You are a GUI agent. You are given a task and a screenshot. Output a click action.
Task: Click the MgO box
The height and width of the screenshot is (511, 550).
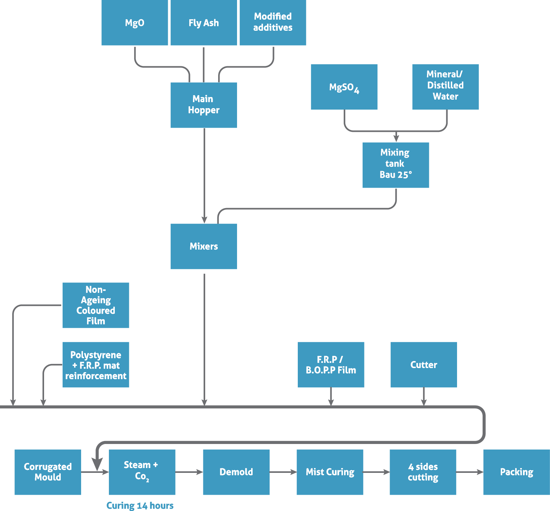point(134,23)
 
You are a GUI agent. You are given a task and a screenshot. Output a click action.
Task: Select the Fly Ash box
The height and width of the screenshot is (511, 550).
point(203,23)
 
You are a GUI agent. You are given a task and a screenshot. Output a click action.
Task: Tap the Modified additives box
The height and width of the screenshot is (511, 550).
point(273,23)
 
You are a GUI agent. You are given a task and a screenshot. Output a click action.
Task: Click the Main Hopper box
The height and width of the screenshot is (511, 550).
point(203,105)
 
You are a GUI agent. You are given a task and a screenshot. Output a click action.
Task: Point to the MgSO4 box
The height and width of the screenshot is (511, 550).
point(344,87)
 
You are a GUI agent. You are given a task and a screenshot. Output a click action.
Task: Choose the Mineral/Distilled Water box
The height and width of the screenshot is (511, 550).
point(445,87)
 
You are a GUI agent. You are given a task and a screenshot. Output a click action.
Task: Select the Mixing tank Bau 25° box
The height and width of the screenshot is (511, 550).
point(396,165)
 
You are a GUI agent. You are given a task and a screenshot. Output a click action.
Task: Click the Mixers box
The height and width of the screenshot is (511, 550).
point(203,246)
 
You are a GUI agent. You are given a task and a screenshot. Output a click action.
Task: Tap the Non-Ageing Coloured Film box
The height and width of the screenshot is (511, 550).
point(96,305)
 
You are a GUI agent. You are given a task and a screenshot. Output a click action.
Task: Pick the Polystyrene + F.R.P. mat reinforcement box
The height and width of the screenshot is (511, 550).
point(96,365)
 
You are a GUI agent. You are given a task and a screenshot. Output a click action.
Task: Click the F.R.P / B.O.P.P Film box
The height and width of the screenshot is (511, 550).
point(331,365)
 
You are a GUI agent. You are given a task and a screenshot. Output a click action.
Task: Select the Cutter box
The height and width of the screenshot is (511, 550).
point(423,365)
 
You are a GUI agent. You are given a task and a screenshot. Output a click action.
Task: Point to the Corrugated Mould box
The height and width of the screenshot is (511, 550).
point(47,472)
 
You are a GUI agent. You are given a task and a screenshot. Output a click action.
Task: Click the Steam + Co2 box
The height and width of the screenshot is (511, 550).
point(142,472)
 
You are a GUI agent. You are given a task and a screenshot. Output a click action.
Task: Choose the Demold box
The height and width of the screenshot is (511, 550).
point(236,472)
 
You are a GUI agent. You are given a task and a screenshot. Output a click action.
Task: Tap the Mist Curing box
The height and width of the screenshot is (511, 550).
point(330,472)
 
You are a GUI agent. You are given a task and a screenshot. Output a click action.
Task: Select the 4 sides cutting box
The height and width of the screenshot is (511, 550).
point(423,472)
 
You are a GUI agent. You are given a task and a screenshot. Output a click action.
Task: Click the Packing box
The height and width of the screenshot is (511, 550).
point(516,472)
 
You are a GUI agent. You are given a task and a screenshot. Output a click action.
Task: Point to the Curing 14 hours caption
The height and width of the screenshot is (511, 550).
point(140,505)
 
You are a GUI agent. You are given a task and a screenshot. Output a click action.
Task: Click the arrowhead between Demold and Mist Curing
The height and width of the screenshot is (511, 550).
point(293,472)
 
